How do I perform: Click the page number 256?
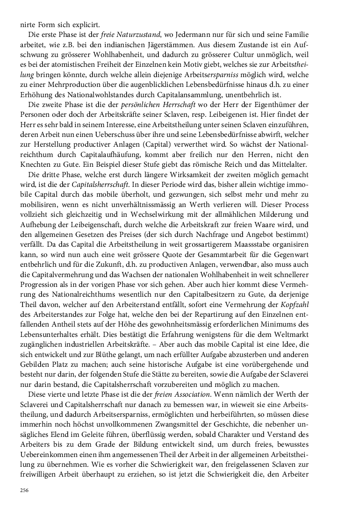tap(24, 490)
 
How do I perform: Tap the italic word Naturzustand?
tap(137, 35)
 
